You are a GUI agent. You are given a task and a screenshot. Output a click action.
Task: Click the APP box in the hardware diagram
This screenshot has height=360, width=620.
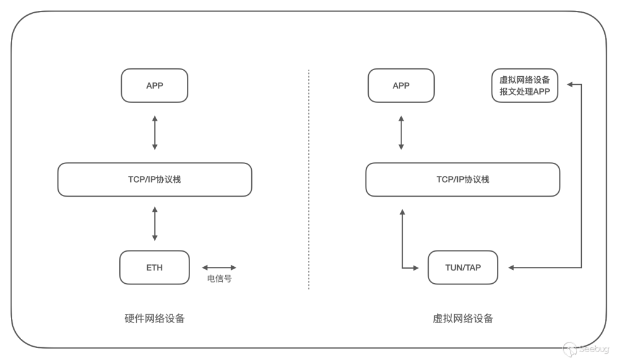154,85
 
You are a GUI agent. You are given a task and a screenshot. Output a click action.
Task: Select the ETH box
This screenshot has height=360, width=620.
154,267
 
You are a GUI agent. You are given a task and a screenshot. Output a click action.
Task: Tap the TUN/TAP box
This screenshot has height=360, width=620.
463,267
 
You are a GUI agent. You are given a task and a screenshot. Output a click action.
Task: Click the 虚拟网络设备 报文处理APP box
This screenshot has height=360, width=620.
525,85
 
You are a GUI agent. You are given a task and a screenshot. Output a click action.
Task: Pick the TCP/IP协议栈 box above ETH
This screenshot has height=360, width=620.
154,180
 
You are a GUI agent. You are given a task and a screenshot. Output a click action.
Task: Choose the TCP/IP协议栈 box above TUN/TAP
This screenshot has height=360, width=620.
463,180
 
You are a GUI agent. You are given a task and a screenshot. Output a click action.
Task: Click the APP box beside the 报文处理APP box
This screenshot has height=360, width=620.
401,85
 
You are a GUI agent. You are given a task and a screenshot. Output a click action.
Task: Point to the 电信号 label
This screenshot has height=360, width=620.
219,278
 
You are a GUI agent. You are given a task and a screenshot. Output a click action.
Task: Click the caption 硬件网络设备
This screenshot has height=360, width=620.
154,318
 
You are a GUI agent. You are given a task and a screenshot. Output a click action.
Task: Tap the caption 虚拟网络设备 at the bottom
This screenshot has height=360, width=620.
463,318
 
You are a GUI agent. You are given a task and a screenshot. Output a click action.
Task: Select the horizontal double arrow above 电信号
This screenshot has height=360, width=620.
219,267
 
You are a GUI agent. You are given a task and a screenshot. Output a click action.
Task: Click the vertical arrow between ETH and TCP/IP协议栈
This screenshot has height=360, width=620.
154,224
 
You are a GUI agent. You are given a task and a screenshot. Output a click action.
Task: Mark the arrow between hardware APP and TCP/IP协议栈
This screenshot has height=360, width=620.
154,133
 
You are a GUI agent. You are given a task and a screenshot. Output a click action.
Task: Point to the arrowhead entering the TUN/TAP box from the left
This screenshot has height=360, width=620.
415,268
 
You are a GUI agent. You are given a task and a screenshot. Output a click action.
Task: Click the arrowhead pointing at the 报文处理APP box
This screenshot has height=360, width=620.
570,84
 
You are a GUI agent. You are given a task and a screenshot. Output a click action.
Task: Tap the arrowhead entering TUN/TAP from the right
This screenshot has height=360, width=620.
511,267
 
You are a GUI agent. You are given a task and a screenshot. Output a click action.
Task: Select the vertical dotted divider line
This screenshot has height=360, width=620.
309,180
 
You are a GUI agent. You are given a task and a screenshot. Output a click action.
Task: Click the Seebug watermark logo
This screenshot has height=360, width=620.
586,349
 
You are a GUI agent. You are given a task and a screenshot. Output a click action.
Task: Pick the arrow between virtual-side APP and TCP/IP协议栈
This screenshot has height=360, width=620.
401,133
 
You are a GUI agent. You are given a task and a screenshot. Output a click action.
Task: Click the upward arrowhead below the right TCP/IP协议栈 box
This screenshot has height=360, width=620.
402,212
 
